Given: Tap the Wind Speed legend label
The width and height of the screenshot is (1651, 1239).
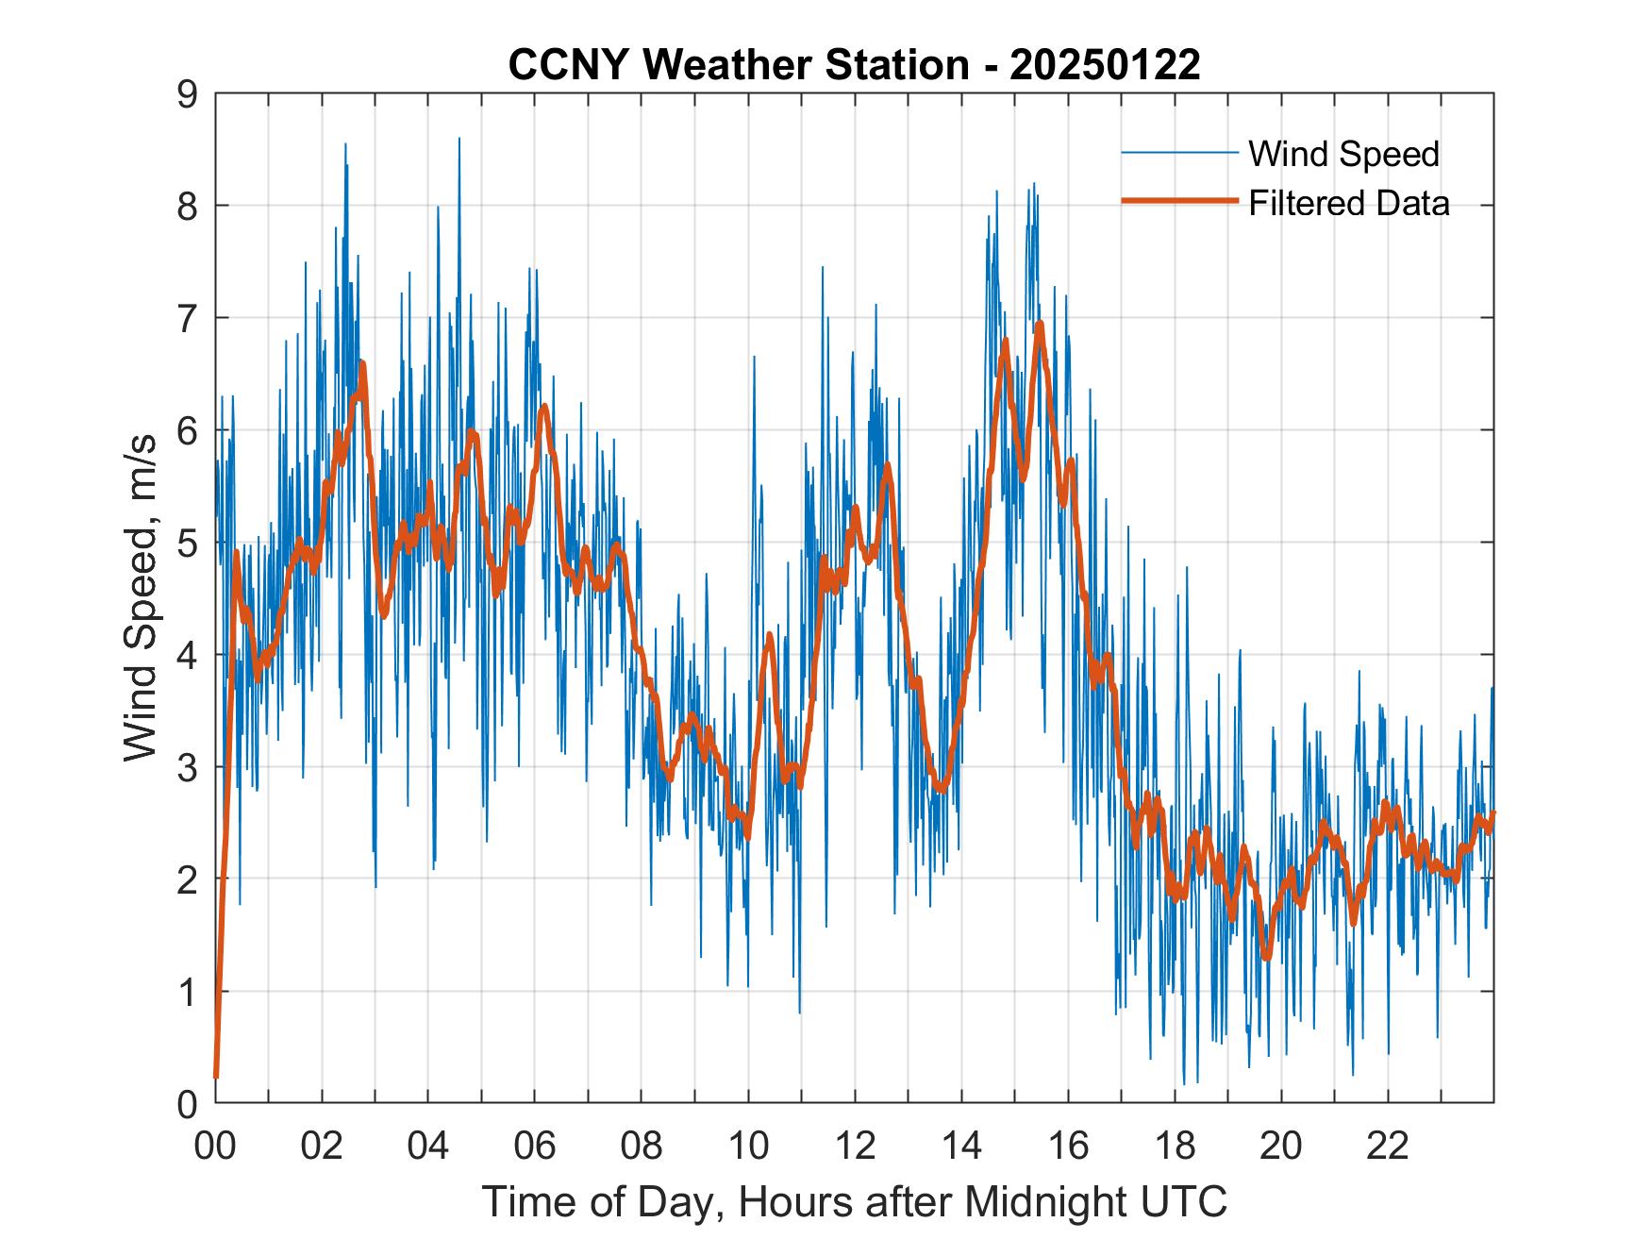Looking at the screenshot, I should (x=1343, y=154).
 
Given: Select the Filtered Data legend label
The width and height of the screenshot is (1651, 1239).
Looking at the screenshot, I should (x=1348, y=203).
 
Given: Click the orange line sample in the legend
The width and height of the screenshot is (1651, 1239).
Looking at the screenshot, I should (x=1179, y=201).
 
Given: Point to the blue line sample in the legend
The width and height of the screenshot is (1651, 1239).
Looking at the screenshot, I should (x=1179, y=153).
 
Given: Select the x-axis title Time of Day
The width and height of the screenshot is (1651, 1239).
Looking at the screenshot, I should (x=855, y=1202).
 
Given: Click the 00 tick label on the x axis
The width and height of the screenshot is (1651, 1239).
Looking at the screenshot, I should (x=215, y=1147).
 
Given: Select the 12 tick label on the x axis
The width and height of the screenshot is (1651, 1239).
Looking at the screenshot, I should (x=855, y=1147).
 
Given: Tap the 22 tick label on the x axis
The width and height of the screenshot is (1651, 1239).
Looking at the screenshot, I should (x=1388, y=1147).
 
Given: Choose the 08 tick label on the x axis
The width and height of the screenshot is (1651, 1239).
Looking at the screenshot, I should (x=642, y=1147).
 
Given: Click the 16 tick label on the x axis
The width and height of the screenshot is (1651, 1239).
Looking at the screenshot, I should (x=1068, y=1147).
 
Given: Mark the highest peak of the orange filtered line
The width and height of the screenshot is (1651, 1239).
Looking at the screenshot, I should (x=1040, y=324).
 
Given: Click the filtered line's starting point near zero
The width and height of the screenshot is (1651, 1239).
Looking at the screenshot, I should (x=216, y=1076).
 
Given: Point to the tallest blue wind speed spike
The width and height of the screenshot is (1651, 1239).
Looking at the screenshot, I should (x=459, y=139).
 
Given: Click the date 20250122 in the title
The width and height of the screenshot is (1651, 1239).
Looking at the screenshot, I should (x=1106, y=65).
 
